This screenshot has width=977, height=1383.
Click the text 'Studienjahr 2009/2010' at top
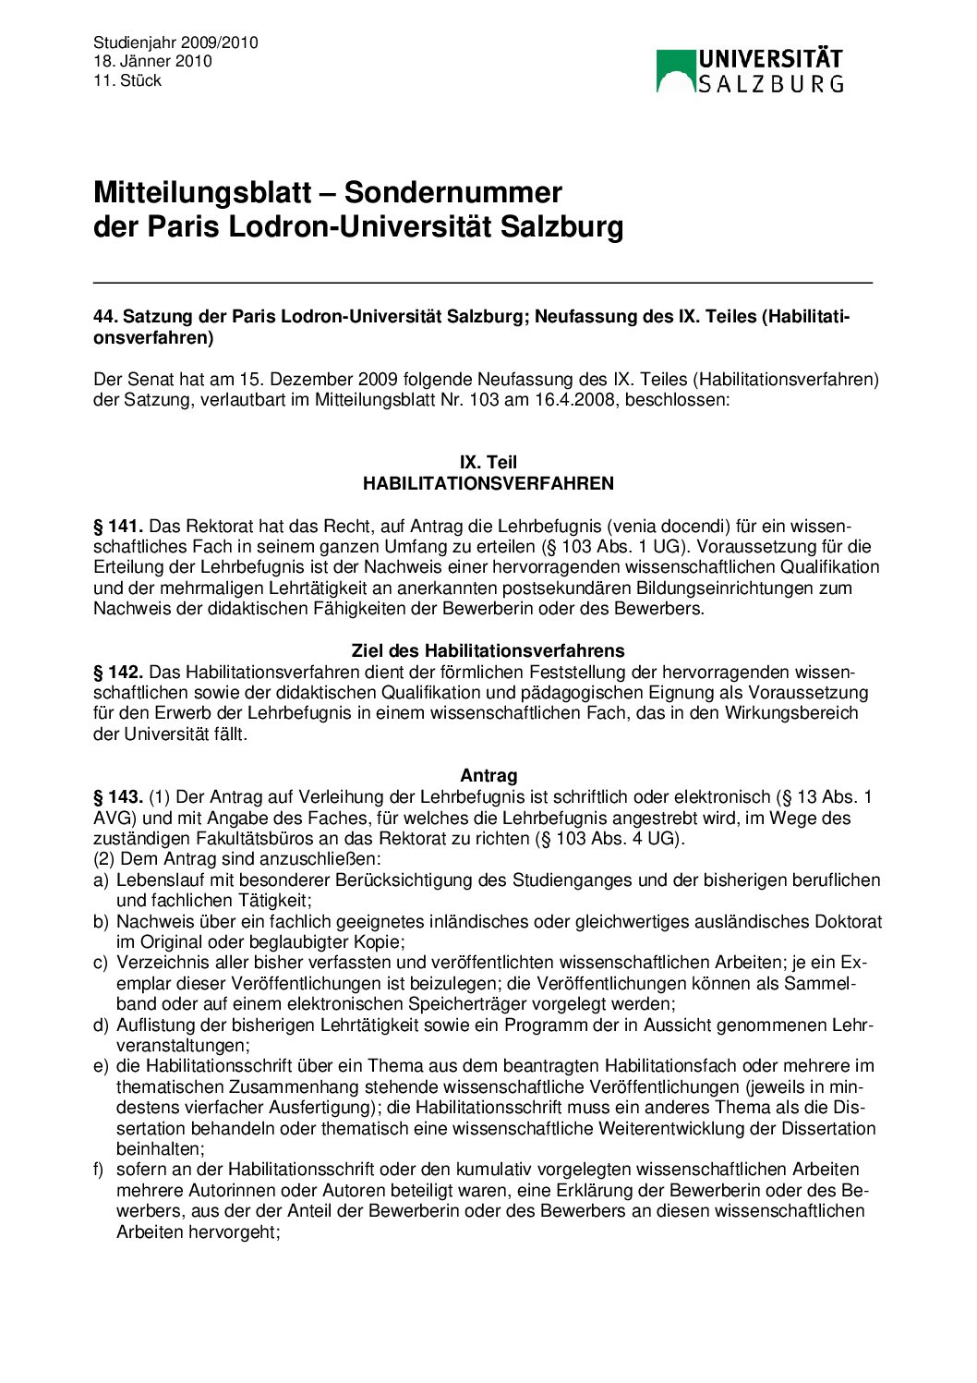pos(175,42)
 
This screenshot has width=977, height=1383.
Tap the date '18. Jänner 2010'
pos(152,61)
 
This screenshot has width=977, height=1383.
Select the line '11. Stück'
pos(127,80)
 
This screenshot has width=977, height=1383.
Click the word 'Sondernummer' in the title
pos(452,192)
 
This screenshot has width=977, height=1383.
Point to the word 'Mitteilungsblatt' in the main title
pos(201,192)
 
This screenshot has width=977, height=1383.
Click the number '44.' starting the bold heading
pos(105,317)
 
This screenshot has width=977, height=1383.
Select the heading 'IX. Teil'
pos(488,462)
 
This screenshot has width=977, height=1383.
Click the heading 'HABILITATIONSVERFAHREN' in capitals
pos(488,483)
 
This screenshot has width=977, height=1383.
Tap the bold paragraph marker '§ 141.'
pos(118,527)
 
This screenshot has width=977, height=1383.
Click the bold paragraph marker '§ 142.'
pos(118,672)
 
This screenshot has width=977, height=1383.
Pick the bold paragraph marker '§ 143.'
pos(118,796)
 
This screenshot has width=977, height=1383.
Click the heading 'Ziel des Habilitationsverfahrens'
pos(488,650)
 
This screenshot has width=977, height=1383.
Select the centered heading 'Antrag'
pos(488,776)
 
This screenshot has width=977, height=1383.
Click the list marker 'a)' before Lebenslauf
pos(101,880)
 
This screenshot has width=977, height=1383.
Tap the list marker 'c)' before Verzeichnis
pos(101,963)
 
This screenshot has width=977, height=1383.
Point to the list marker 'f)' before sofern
pos(99,1170)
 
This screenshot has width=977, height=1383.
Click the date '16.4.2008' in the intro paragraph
pos(581,400)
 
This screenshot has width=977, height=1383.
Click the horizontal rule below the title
pos(482,282)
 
